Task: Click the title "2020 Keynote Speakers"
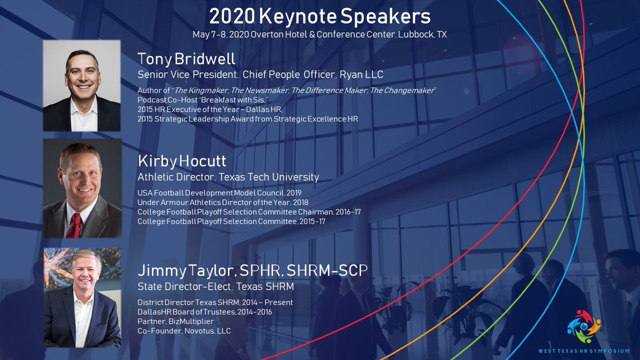click(319, 17)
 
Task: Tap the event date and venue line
click(319, 35)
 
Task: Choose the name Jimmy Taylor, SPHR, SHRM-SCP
click(252, 270)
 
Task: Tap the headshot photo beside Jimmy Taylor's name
click(82, 298)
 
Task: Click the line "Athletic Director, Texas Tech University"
click(228, 177)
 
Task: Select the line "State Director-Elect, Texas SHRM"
click(216, 287)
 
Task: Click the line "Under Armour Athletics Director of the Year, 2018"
click(222, 202)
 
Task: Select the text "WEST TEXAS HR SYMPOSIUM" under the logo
click(583, 350)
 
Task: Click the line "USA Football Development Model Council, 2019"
click(220, 193)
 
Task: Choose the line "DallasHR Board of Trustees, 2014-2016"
click(205, 311)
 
